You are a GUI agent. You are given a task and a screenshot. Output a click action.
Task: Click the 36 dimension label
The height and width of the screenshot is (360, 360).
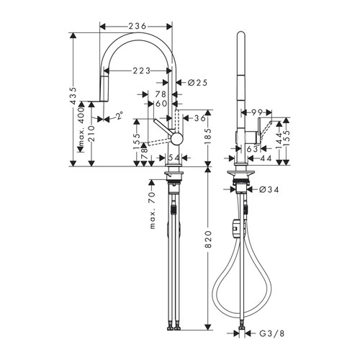201,118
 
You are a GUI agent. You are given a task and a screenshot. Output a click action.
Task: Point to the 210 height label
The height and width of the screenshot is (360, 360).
92,136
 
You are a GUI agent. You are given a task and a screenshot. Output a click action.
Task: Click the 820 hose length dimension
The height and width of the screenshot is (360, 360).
208,244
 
